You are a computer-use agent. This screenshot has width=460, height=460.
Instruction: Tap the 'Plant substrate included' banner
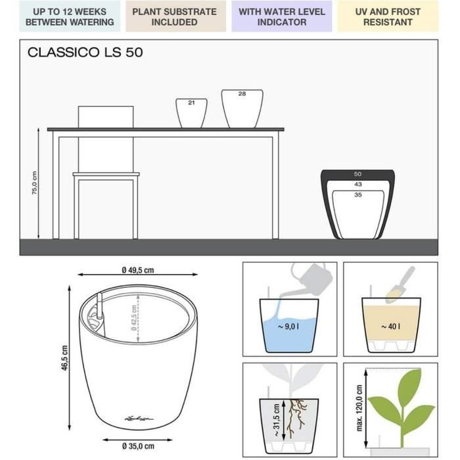click(174, 16)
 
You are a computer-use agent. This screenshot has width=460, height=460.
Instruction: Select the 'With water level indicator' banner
click(282, 16)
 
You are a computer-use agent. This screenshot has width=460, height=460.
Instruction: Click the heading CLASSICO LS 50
click(85, 53)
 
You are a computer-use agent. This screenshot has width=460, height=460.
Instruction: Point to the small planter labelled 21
click(191, 112)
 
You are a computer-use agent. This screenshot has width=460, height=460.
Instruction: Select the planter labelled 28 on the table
click(242, 108)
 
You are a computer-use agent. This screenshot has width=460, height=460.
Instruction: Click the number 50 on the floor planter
click(357, 173)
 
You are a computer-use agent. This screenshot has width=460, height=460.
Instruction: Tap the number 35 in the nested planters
click(357, 195)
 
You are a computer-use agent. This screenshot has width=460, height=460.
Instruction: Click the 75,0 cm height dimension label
click(35, 183)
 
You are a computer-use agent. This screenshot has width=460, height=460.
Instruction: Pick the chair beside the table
click(106, 171)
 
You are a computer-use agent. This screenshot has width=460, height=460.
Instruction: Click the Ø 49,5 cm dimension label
click(137, 270)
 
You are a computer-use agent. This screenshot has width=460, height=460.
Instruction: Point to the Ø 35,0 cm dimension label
click(138, 446)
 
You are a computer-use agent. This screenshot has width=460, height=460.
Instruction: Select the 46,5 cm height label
click(64, 359)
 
